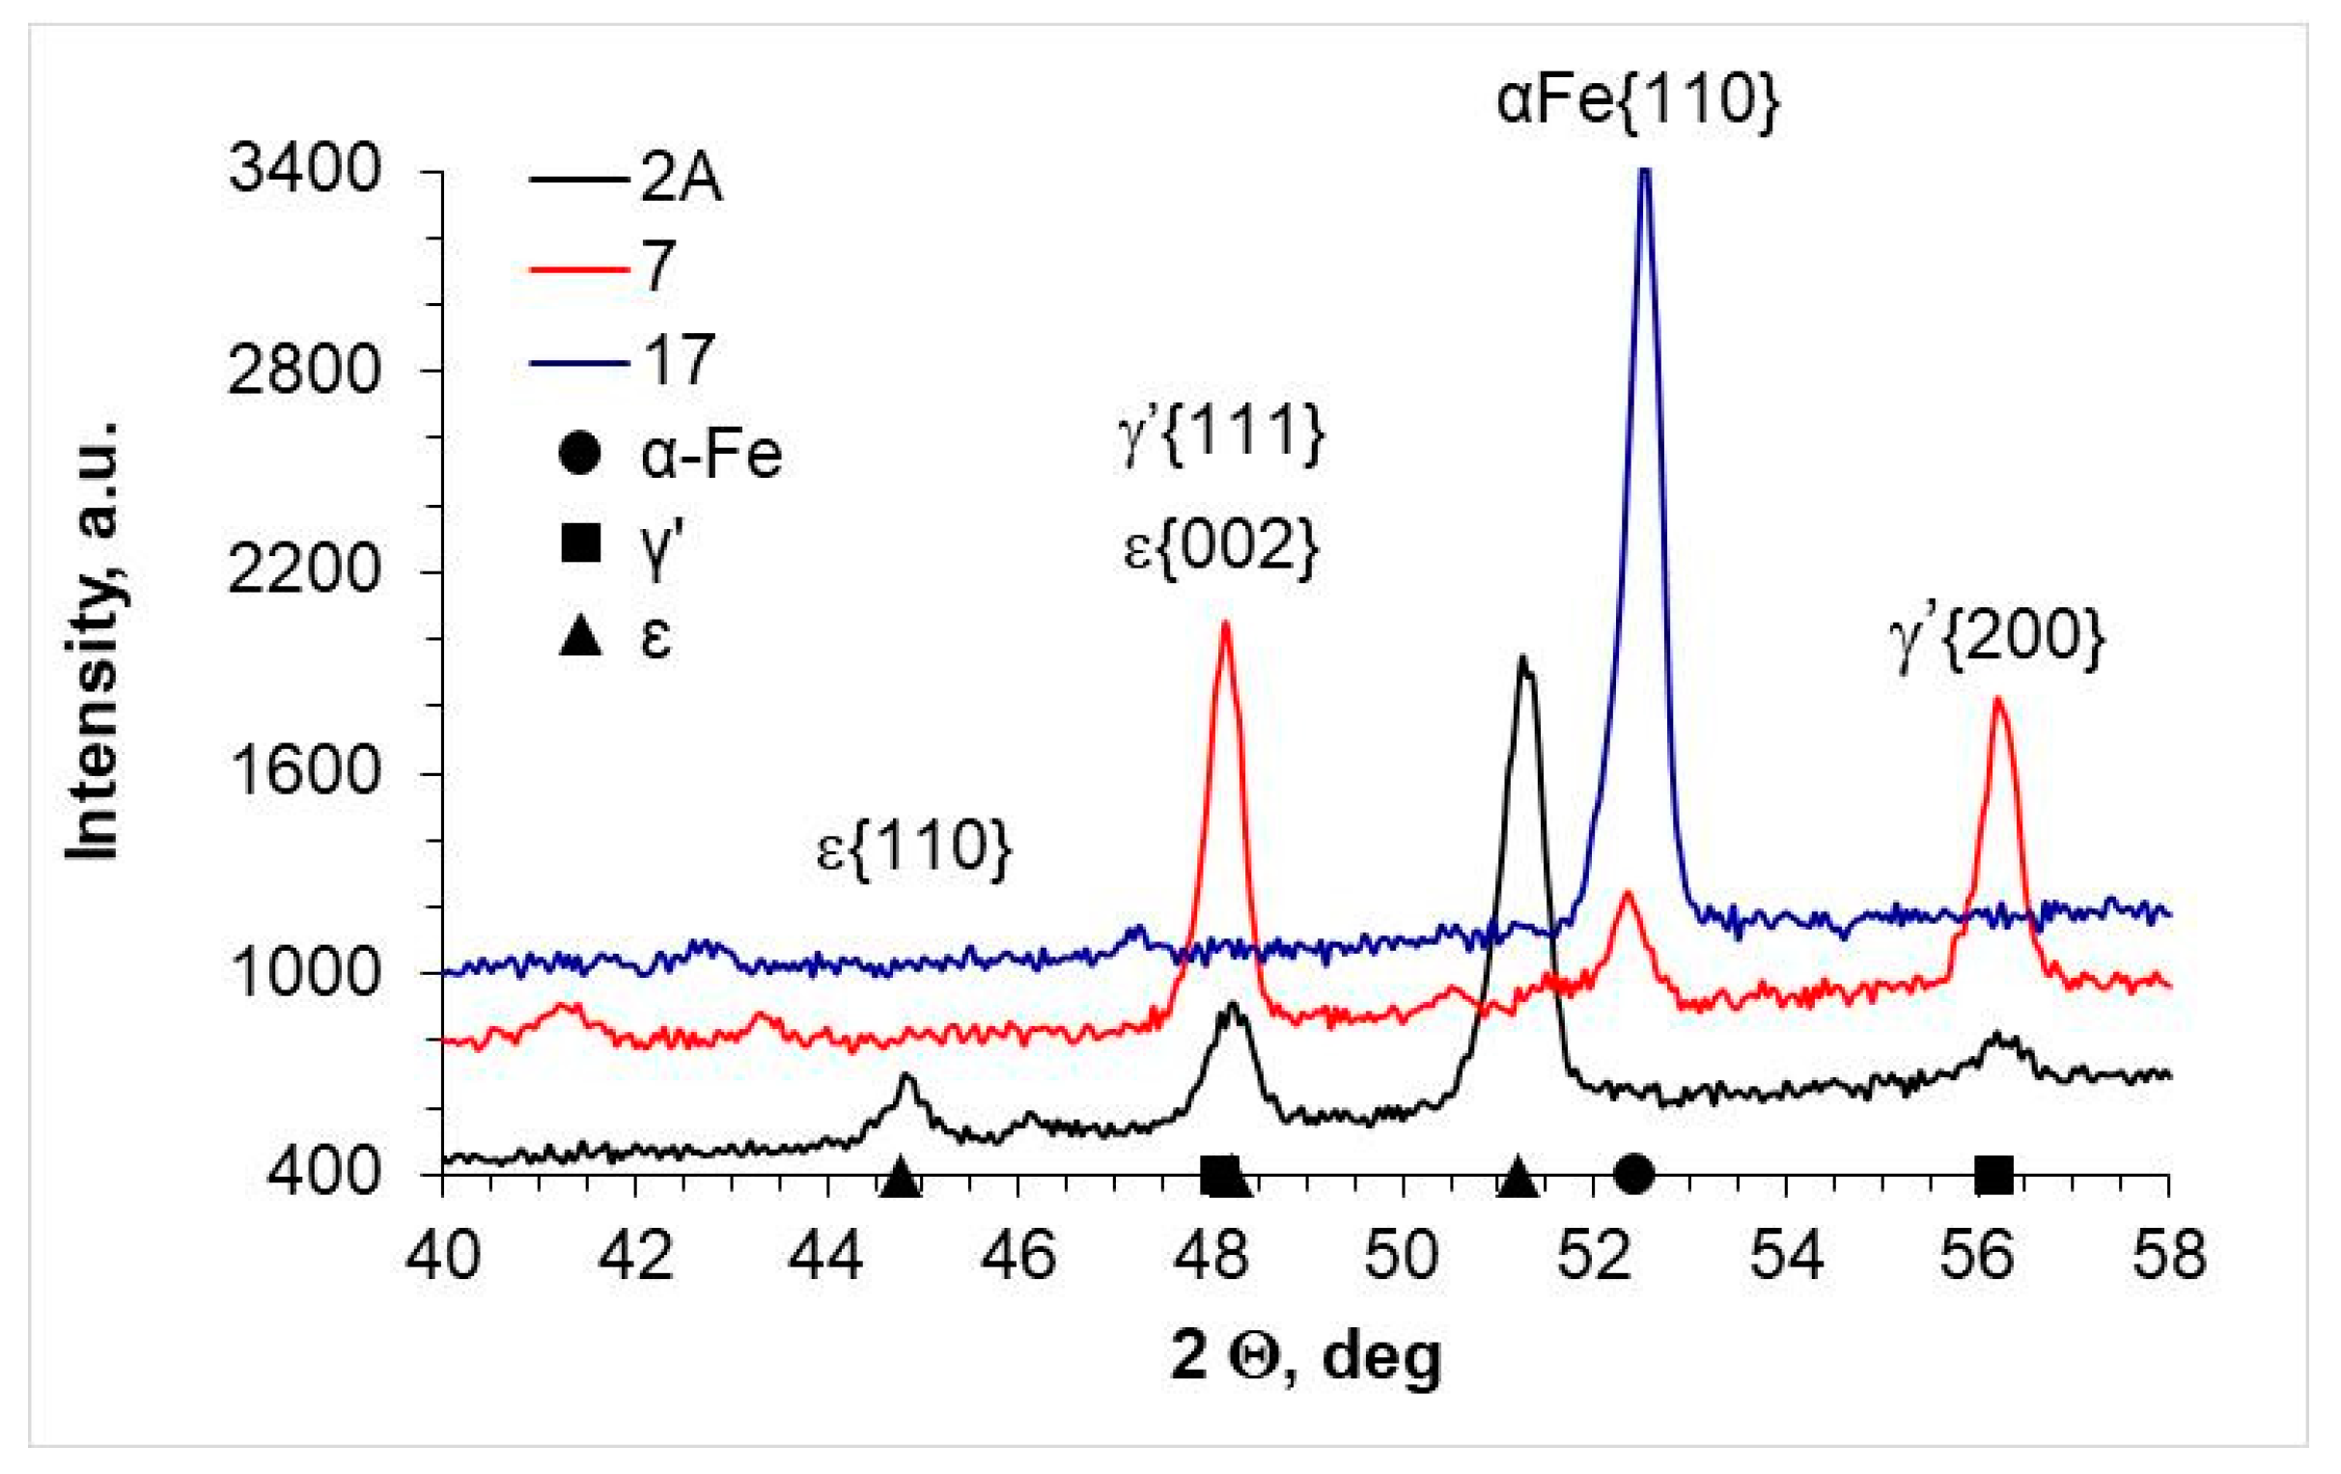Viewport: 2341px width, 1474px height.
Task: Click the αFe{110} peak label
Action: coord(1637,100)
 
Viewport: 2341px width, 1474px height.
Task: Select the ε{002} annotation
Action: coord(1221,547)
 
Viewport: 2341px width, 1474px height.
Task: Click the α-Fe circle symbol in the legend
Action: coord(580,454)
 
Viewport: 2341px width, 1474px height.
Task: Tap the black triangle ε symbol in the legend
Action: coord(580,639)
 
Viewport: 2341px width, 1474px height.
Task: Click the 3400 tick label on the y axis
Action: coord(303,170)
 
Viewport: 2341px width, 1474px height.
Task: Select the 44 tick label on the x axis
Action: coord(826,1255)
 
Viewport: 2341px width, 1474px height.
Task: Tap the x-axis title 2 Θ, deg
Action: coord(1306,1356)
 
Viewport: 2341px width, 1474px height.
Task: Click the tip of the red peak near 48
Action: coord(1225,624)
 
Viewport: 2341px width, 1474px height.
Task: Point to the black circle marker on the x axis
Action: coord(1634,1174)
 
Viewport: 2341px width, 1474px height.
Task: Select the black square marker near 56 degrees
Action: coord(1993,1175)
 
